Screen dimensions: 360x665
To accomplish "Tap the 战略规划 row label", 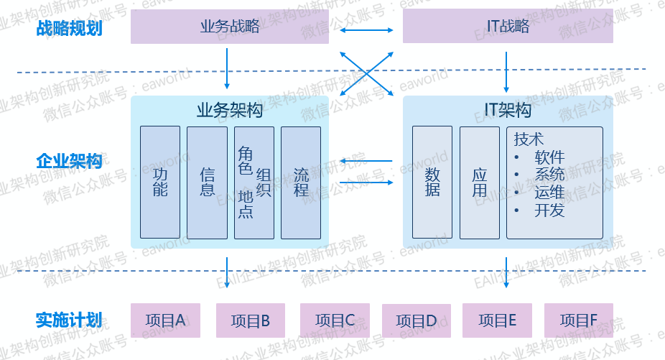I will pyautogui.click(x=69, y=29).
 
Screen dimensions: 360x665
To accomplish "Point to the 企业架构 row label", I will pyautogui.click(x=69, y=162).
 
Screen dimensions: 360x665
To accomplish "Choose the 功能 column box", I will pyautogui.click(x=159, y=183).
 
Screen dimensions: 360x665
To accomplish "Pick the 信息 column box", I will pyautogui.click(x=207, y=183).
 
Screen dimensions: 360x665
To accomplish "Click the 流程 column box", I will pyautogui.click(x=300, y=183).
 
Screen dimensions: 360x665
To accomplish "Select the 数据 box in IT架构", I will pyautogui.click(x=432, y=183).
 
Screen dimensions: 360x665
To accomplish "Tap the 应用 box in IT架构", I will pyautogui.click(x=479, y=183).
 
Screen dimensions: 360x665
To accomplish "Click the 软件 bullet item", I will pyautogui.click(x=549, y=157).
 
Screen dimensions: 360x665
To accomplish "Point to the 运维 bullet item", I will pyautogui.click(x=549, y=192).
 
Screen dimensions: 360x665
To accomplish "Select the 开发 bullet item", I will pyautogui.click(x=549, y=210).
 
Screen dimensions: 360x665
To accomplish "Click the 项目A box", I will pyautogui.click(x=165, y=320).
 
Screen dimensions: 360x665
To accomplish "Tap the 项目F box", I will pyautogui.click(x=579, y=320).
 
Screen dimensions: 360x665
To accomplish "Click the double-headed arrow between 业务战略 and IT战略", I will pyautogui.click(x=367, y=30).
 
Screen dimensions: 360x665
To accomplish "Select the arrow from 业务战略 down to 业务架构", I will pyautogui.click(x=227, y=69).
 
